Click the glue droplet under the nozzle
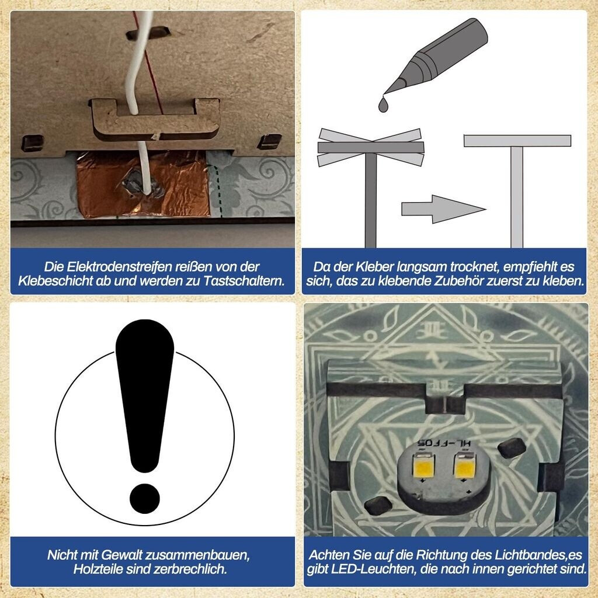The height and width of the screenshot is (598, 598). [x=384, y=104]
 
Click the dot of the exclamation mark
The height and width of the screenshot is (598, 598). [x=145, y=499]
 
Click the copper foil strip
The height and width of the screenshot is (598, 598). [x=143, y=184]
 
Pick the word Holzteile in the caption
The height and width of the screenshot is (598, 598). [x=98, y=569]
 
